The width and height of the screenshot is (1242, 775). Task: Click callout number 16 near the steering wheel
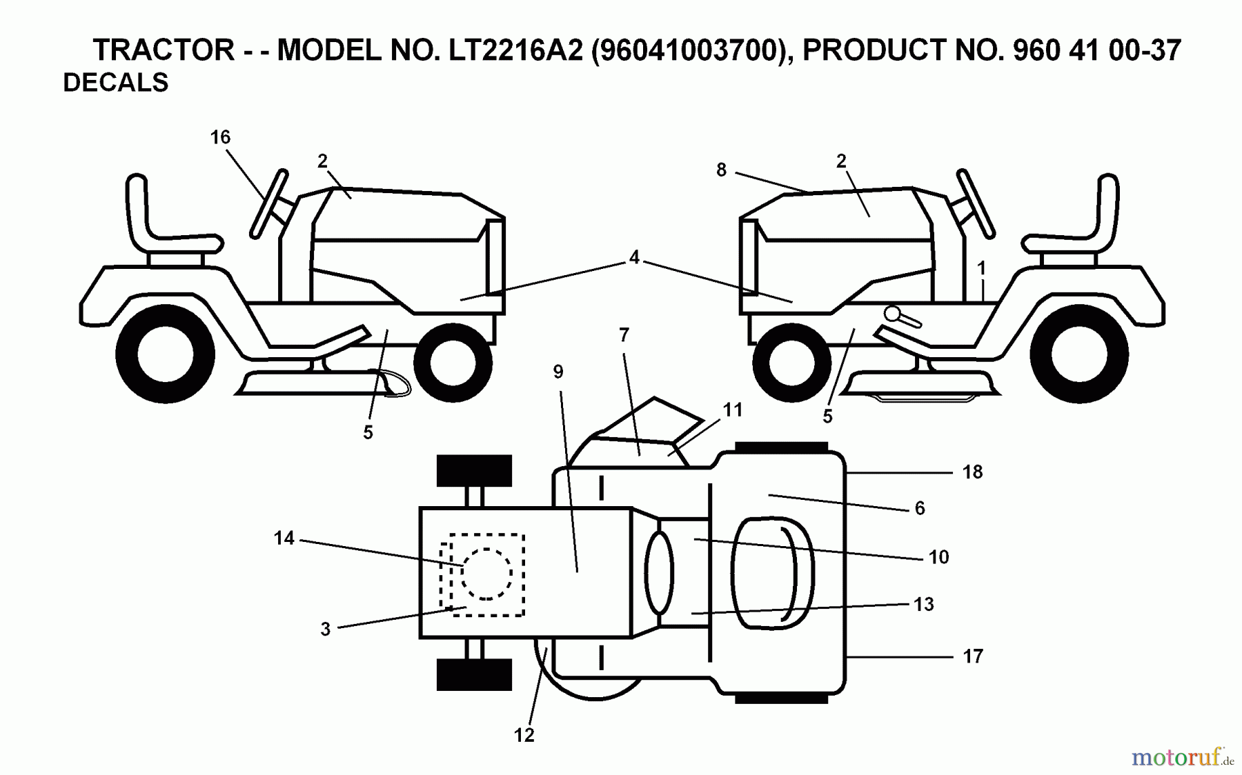(220, 137)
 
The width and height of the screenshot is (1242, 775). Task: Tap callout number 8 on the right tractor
(721, 170)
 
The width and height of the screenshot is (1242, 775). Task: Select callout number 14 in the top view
(284, 538)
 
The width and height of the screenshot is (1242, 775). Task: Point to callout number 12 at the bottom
(524, 735)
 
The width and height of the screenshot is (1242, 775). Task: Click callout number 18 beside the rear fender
(972, 472)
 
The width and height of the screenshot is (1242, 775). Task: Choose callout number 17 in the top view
(972, 656)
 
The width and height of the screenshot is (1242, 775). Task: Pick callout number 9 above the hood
(558, 372)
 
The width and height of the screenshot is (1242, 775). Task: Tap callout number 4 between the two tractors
(634, 257)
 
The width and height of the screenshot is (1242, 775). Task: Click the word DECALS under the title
(115, 83)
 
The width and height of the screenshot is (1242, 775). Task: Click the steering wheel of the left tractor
(270, 203)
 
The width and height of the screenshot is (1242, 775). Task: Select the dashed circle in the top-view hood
(486, 574)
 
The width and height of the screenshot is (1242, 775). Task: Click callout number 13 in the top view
(923, 604)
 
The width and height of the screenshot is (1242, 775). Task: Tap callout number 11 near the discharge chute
(732, 410)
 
